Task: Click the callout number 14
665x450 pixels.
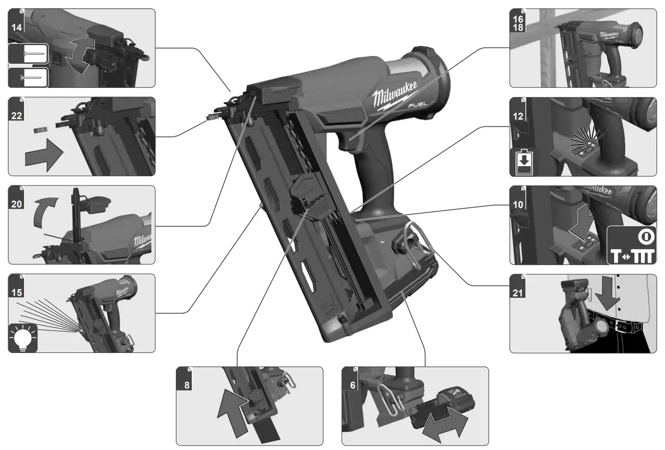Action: click(x=16, y=27)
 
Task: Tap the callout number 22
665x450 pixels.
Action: click(x=16, y=115)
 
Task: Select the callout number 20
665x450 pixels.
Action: click(x=16, y=204)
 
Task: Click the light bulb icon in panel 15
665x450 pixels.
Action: click(x=23, y=338)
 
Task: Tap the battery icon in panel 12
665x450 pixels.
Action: click(x=524, y=162)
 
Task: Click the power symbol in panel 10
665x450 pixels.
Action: click(x=646, y=237)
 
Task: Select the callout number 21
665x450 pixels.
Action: click(x=517, y=292)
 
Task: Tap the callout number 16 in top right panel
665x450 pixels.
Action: click(x=517, y=19)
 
